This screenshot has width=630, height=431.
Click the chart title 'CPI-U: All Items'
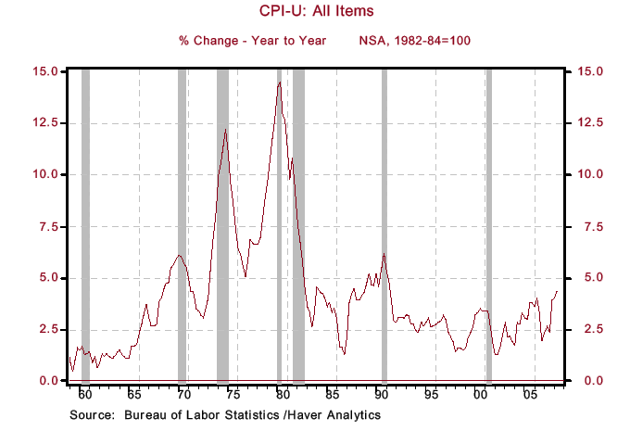tap(314, 12)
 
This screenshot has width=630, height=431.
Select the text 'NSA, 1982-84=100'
tap(422, 41)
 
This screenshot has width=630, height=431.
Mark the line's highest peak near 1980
tap(280, 82)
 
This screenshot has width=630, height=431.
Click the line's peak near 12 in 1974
tap(225, 129)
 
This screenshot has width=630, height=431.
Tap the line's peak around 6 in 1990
tap(384, 254)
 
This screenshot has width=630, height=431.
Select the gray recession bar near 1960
tap(85, 222)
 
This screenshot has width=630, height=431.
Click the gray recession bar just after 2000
tap(489, 222)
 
